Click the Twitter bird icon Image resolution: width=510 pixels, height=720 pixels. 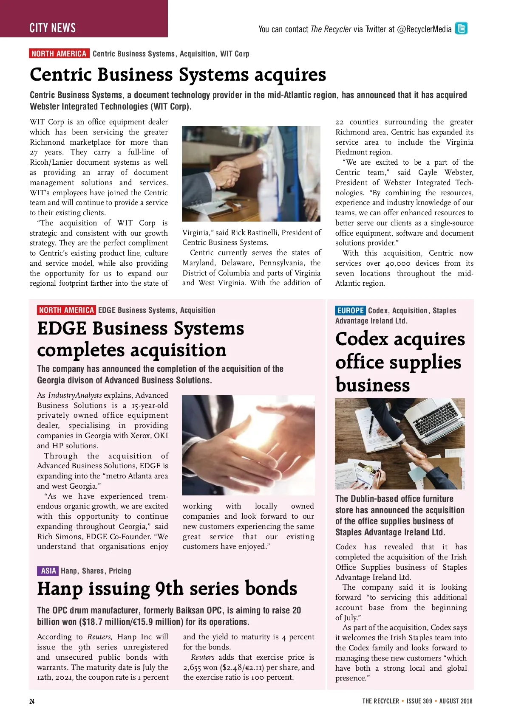coord(461,28)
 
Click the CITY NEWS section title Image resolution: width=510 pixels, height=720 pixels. coord(53,28)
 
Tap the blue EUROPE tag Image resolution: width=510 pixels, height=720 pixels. coord(350,310)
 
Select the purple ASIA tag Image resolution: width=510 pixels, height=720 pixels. coord(48,571)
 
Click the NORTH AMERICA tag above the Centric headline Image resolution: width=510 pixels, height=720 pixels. coord(59,53)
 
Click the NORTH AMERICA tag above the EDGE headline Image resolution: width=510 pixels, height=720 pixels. coord(66,310)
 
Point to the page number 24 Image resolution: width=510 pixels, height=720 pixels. coord(32,701)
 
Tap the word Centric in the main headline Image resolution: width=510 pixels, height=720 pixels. coord(61,75)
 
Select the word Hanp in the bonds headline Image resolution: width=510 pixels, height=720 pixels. coord(60,589)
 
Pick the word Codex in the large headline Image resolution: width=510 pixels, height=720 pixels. coord(362,339)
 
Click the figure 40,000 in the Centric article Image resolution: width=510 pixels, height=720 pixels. coord(397,263)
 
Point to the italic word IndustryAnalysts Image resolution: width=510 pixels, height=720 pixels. coord(75,395)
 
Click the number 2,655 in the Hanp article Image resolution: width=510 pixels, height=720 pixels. coord(192,667)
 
